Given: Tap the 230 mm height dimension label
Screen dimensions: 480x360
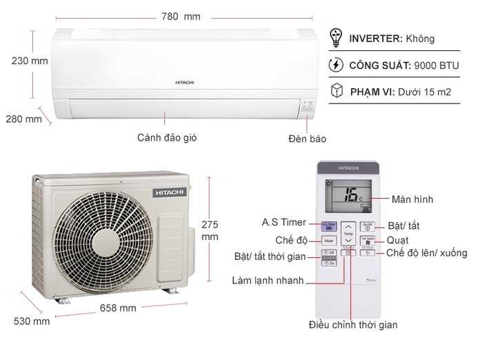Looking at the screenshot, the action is pos(30,61).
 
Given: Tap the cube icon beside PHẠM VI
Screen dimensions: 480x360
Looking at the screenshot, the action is pos(337,90).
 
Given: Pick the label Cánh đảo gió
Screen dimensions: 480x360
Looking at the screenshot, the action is pos(168,137).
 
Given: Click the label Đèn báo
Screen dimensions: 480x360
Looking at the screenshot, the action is pos(307,138).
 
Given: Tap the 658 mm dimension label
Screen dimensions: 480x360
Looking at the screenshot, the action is pos(118,308).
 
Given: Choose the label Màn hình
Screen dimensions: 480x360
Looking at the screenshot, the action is pos(412,199).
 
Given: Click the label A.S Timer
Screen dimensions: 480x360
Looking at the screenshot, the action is pos(284,223).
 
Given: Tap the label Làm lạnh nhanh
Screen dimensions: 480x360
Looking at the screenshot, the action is pos(268,281).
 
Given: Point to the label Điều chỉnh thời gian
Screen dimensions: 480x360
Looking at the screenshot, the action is pos(352,324).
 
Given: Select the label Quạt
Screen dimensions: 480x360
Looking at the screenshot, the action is pos(398,240).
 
